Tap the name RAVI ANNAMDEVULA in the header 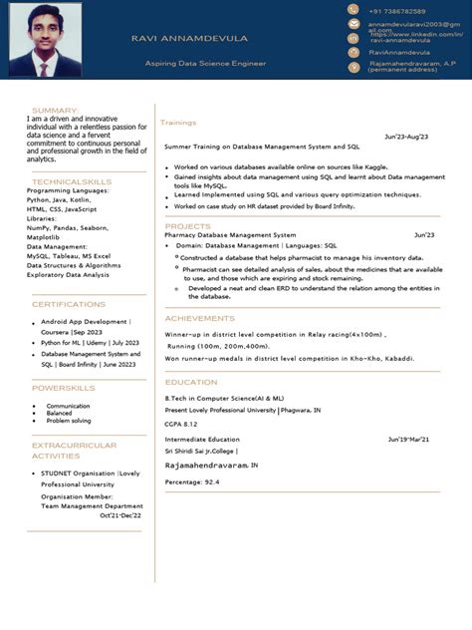(x=189, y=38)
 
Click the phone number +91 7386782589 (x=396, y=10)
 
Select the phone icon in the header (x=354, y=10)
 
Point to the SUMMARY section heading (x=55, y=110)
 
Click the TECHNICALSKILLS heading (x=72, y=181)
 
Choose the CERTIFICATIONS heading (x=69, y=304)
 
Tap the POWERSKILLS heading (x=64, y=387)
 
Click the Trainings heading (x=178, y=123)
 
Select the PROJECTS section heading (x=187, y=226)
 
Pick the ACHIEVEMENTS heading (x=200, y=318)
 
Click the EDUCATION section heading (x=191, y=382)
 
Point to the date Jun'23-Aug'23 (x=406, y=137)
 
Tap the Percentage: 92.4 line (x=192, y=481)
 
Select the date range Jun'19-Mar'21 (x=408, y=439)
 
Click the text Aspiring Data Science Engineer (x=205, y=63)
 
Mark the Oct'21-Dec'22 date (x=120, y=515)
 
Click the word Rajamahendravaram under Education (x=205, y=465)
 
